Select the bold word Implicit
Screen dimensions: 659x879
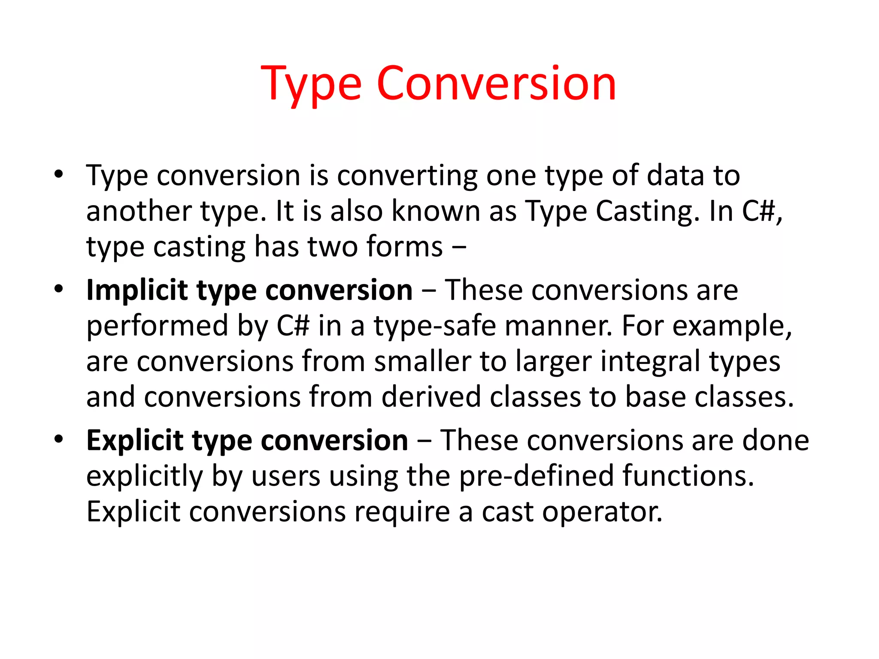click(136, 290)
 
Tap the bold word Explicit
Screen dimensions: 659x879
click(134, 441)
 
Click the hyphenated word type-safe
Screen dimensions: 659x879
click(435, 326)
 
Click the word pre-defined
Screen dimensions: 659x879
click(536, 476)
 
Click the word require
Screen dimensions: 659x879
click(402, 512)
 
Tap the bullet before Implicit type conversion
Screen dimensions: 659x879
click(59, 289)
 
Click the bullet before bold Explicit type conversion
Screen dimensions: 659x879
click(59, 439)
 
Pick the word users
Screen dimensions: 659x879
click(286, 476)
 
